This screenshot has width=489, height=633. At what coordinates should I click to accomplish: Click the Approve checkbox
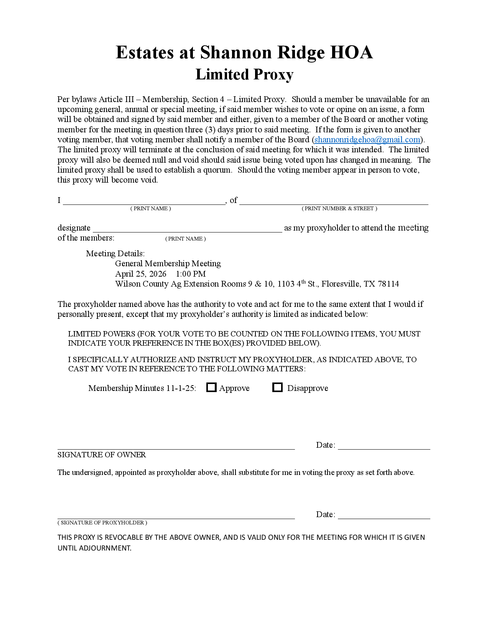(211, 387)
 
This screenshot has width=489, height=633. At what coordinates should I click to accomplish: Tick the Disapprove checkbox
(277, 387)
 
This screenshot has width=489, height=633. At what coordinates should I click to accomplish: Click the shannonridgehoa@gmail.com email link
(367, 140)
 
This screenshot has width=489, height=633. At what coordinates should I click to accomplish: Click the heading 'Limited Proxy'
(244, 74)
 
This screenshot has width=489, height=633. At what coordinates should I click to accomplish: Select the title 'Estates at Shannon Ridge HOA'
(244, 53)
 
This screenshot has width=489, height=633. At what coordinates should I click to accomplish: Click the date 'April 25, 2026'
(141, 274)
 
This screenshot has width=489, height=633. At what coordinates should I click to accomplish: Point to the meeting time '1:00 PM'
(191, 274)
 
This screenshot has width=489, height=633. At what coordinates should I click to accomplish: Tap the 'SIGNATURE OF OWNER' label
(102, 455)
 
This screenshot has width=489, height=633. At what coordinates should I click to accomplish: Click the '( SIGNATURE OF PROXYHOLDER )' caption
(102, 523)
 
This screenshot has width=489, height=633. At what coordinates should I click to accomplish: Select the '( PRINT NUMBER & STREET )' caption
(339, 208)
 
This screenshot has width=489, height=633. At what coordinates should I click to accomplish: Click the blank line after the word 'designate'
(187, 229)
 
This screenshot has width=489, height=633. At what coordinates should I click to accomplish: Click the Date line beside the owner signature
(384, 446)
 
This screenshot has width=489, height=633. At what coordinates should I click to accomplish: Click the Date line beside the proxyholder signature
(384, 516)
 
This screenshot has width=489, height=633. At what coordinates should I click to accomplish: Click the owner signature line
(176, 446)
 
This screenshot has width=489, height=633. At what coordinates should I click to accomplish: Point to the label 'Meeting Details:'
(115, 254)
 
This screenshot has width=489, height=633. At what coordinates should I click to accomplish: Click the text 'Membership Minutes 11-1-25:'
(142, 388)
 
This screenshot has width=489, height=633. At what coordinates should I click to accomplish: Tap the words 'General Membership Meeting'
(168, 264)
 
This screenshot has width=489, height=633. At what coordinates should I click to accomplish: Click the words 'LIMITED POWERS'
(102, 334)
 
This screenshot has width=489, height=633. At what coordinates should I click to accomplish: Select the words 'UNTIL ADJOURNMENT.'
(94, 548)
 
